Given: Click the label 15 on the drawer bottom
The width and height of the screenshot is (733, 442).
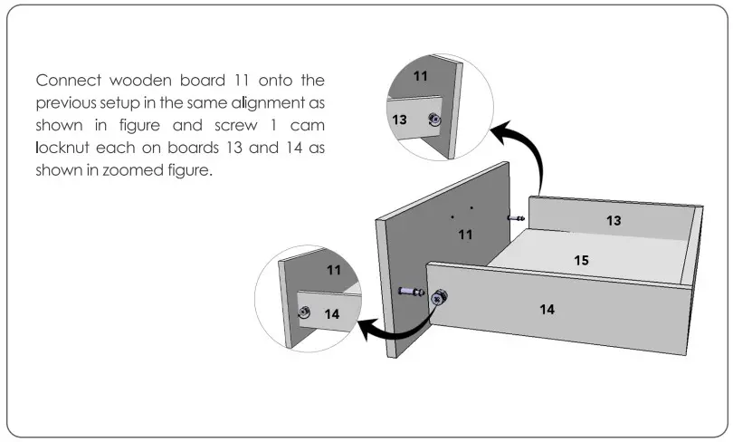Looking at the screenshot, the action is [582, 260].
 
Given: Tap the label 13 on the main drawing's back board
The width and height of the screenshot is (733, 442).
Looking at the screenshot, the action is [614, 220].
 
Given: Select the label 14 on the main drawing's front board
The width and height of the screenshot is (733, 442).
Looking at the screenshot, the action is [547, 309].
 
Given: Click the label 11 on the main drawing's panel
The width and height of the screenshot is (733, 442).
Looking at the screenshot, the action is [465, 235].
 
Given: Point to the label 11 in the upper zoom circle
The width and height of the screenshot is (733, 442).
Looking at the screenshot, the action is [422, 76].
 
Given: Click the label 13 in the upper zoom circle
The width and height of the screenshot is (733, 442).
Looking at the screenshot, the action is [399, 119].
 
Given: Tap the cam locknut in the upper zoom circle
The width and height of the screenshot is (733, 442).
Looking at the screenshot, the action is [434, 120].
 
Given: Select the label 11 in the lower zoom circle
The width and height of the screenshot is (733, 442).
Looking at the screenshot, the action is [334, 270].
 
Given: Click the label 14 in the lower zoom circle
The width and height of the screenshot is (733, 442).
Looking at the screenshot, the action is [331, 314].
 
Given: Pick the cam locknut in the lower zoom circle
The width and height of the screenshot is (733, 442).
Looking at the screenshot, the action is [305, 312].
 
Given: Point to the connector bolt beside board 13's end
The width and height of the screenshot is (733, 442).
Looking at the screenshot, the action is [517, 218].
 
